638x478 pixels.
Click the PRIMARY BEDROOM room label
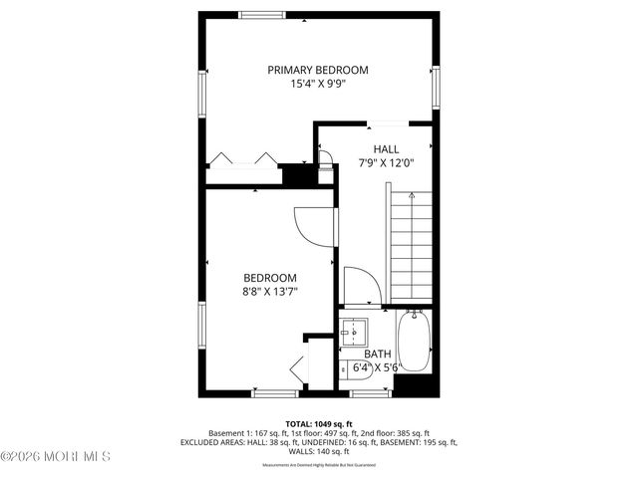[318, 70]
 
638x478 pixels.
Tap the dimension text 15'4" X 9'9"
[318, 85]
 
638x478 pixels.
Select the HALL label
[386, 148]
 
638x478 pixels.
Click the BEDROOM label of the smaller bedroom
[270, 278]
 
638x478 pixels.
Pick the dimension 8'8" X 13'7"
[270, 292]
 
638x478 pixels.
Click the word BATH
[378, 354]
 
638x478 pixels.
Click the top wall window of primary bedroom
[261, 14]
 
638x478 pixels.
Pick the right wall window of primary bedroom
[436, 88]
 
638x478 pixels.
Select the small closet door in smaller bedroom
[299, 369]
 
